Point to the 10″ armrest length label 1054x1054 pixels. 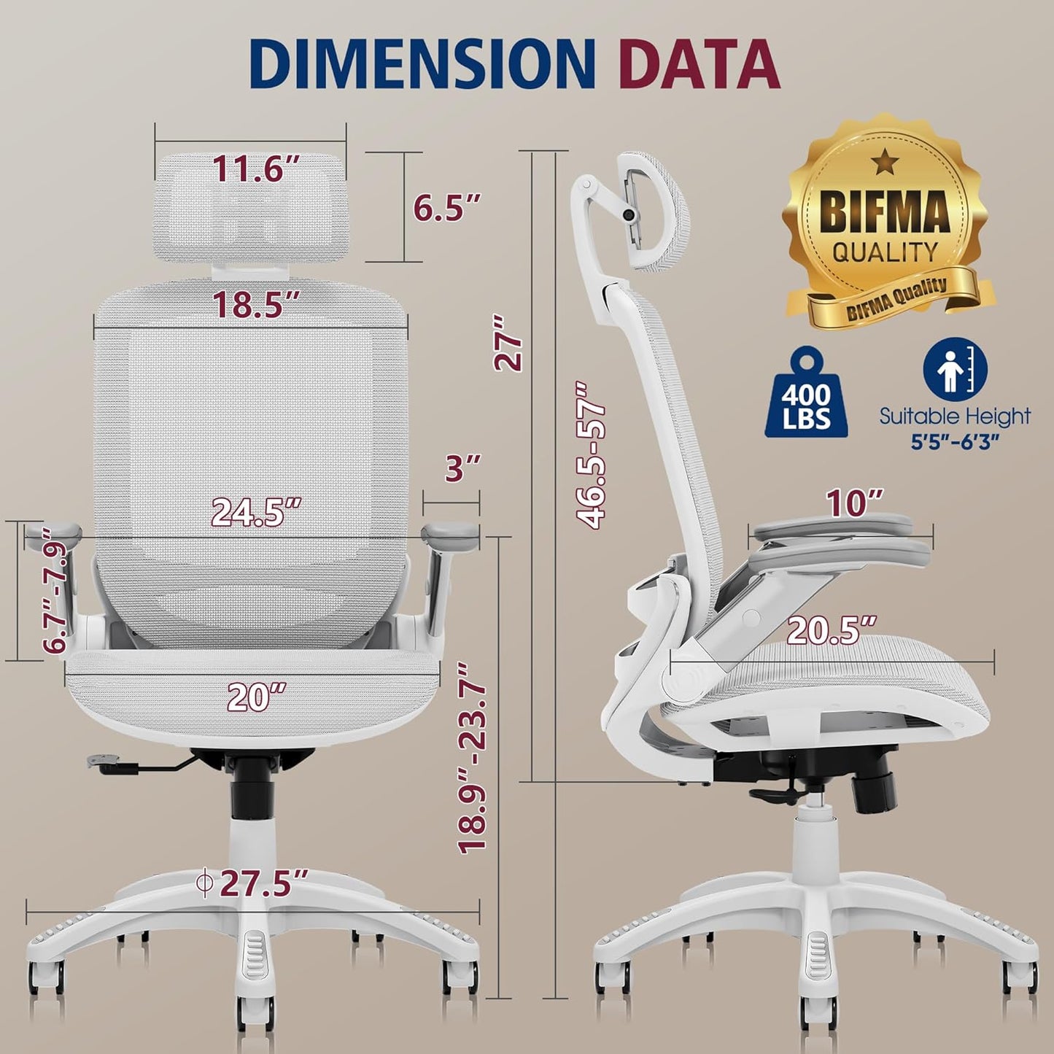pyautogui.click(x=854, y=503)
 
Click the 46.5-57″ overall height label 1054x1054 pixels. pyautogui.click(x=591, y=454)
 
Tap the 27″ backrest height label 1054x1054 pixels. pyautogui.click(x=508, y=343)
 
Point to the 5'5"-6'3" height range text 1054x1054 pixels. pyautogui.click(x=954, y=442)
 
